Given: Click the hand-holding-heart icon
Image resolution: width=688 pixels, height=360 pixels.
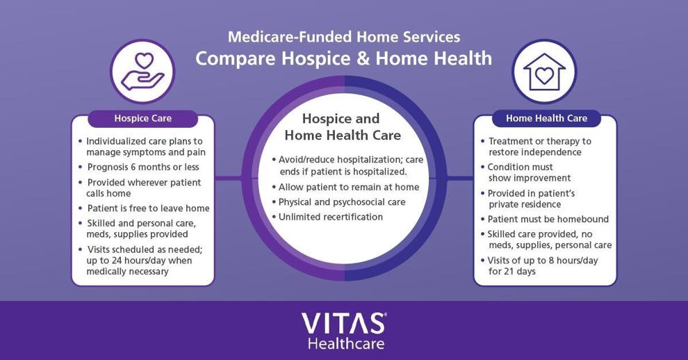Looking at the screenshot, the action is coord(143,71).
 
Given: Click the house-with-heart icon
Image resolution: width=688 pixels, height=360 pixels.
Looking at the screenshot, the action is coord(544,72).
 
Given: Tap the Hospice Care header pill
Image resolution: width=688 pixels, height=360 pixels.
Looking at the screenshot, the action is coord(143,119).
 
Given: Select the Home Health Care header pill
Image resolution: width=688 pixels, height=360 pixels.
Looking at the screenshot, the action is coord(546,119).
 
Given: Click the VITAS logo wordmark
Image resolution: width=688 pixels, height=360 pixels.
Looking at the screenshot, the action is coord(343,324).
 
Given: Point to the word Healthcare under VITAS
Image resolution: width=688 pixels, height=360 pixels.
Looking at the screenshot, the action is coord(346,343).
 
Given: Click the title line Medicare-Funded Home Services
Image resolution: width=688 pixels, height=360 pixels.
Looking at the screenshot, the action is coord(344,36).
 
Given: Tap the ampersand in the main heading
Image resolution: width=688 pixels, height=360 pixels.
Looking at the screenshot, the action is coord(363,58).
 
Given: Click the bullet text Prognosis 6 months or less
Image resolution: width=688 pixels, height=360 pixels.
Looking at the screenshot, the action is coord(143,167).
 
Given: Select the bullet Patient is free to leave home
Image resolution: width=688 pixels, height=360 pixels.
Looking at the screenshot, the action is coord(148,208).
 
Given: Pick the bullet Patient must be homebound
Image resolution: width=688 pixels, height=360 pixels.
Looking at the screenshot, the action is coord(548,219).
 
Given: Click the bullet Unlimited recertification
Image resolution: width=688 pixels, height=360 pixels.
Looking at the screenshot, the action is coord(330,217).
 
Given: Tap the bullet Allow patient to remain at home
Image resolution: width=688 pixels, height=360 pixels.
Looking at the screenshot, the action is coord(349,187).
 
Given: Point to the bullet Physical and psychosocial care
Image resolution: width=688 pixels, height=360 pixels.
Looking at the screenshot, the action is coord(342,202).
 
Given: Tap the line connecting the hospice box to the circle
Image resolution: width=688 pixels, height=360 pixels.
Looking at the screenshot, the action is coord(228,178).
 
